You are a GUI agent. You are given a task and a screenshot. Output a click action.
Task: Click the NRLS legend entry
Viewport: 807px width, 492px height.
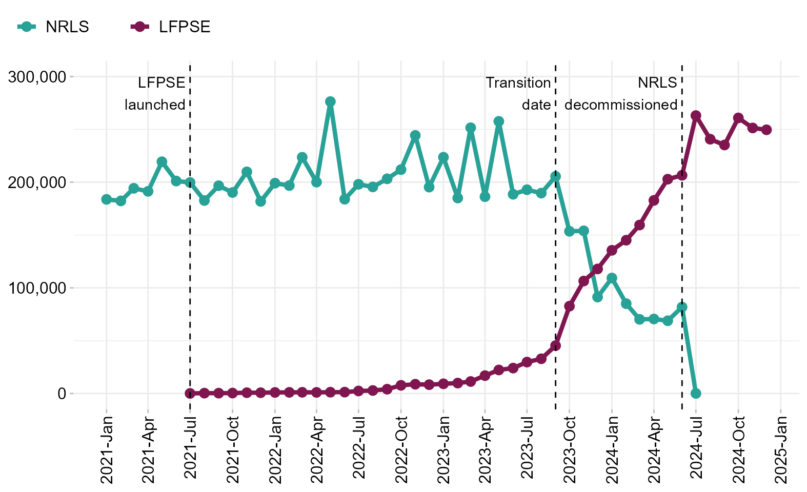54,27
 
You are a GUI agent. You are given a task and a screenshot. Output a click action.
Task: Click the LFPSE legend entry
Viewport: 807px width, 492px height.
171,27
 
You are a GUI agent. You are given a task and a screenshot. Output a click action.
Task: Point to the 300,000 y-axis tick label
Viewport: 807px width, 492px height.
37,77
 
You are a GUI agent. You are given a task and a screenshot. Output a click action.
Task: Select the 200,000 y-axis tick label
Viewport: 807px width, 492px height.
37,182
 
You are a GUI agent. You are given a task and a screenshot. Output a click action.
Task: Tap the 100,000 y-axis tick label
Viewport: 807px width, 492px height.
37,288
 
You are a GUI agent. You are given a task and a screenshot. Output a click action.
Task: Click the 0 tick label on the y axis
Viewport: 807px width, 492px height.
62,394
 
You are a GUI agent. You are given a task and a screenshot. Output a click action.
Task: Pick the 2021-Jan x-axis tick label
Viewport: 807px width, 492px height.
107,449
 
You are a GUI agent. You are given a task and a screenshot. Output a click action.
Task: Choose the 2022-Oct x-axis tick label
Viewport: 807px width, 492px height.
401,449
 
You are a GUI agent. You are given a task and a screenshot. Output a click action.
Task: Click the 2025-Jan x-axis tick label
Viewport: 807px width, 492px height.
780,449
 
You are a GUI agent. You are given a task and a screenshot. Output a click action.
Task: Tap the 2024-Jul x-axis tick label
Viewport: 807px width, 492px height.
696,449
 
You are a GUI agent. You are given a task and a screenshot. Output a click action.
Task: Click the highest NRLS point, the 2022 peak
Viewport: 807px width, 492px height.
330,101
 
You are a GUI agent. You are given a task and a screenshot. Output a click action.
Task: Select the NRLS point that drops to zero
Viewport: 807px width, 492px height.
696,394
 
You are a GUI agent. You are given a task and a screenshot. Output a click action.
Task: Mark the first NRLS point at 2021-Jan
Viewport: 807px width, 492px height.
107,199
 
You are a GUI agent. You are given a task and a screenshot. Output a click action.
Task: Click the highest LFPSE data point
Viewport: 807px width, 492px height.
696,116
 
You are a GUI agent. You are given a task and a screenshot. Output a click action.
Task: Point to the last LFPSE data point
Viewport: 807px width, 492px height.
766,130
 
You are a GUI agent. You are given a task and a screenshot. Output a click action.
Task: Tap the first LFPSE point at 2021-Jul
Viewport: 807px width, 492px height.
190,394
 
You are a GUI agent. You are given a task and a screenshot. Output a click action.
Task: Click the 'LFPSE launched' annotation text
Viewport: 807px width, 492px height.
156,94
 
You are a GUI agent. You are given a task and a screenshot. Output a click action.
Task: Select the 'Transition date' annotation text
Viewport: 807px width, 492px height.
518,94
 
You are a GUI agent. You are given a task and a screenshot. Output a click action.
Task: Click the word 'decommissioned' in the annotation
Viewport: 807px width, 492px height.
621,105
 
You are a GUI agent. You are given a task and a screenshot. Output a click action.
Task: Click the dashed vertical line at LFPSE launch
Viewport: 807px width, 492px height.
190,231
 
